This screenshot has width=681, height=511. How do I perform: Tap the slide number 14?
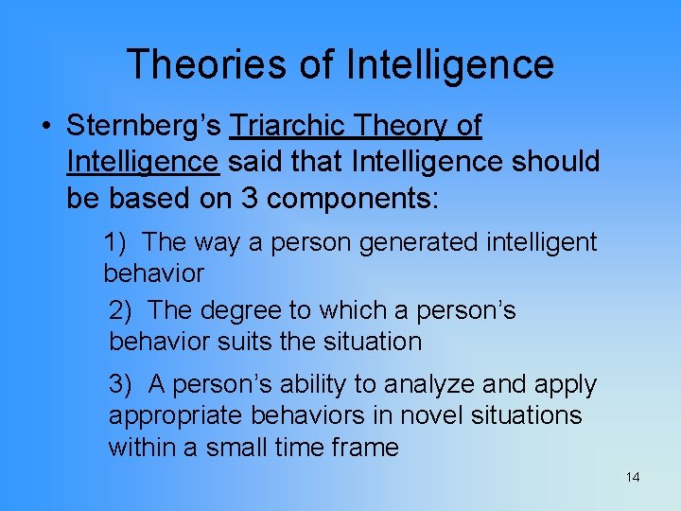(632, 477)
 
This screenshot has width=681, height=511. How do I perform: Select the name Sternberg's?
(145, 126)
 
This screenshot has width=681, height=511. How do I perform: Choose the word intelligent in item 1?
(541, 243)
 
